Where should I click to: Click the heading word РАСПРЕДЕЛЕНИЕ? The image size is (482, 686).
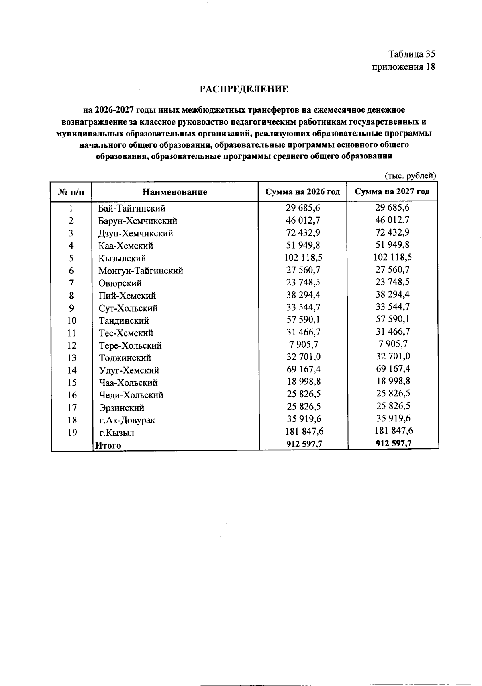[244, 89]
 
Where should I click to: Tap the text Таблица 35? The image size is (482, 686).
[411, 54]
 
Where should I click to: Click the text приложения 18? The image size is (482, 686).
[403, 66]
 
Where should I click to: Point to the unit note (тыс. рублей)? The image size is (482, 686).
[410, 175]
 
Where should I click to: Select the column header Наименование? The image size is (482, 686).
[175, 192]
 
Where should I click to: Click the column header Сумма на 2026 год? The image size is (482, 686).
[302, 192]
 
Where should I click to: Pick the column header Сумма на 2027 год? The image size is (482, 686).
[392, 191]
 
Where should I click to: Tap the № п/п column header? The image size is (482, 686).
[71, 192]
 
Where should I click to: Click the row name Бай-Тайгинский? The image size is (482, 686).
[132, 208]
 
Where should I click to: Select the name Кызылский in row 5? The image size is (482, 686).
[122, 258]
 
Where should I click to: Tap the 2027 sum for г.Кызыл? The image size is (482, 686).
[393, 431]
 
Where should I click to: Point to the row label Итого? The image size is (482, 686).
[107, 445]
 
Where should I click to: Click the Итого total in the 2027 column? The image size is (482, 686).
[393, 443]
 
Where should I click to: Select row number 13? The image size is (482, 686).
[71, 358]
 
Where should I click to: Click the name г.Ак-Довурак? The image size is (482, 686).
[127, 420]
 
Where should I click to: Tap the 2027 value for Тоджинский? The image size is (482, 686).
[393, 356]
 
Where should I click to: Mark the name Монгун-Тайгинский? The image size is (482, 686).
[141, 271]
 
